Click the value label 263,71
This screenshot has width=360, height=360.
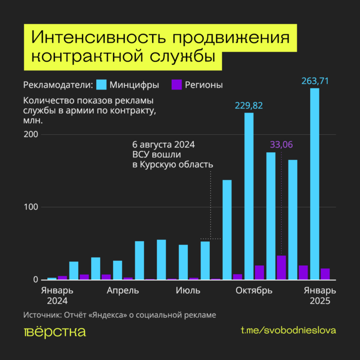click(x=315, y=80)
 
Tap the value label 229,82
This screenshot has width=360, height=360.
click(x=249, y=105)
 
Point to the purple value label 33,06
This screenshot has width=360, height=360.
click(x=281, y=145)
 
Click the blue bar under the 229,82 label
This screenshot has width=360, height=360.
click(x=249, y=196)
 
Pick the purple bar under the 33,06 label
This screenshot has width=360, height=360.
click(x=281, y=267)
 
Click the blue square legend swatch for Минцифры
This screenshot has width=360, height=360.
click(x=101, y=84)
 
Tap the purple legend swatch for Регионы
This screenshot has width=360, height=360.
click(x=176, y=84)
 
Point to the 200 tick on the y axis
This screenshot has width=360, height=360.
click(x=31, y=134)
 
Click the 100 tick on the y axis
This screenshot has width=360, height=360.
click(x=31, y=207)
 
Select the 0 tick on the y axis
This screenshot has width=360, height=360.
click(x=36, y=280)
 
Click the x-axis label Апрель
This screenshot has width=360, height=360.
click(x=122, y=291)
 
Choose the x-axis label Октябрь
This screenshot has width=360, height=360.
click(x=254, y=291)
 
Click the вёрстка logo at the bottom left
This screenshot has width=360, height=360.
click(x=55, y=331)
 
